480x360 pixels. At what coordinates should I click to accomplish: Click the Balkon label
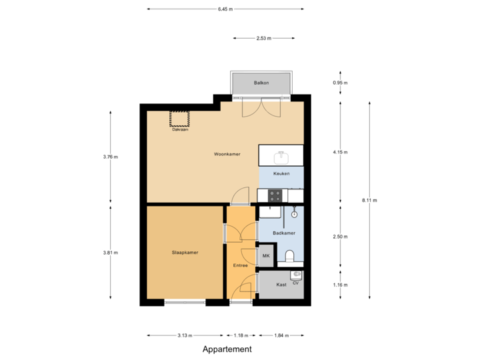[x=261, y=83]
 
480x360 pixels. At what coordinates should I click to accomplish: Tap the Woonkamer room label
[x=227, y=154]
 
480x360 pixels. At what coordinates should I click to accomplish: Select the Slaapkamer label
[x=185, y=253]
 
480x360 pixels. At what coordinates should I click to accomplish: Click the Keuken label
[x=281, y=173]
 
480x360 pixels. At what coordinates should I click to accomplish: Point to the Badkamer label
[x=284, y=233]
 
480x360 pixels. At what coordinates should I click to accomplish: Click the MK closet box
[x=266, y=257]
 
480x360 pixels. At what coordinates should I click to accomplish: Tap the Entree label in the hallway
[x=240, y=265]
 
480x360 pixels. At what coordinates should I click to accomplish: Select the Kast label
[x=281, y=285]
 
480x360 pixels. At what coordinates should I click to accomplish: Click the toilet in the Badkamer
[x=290, y=256]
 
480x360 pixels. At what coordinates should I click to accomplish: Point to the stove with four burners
[x=275, y=195]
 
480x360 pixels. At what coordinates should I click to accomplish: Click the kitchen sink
[x=281, y=157]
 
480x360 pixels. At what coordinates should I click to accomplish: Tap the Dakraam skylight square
[x=179, y=118]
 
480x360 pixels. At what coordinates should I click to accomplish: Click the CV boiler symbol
[x=296, y=275]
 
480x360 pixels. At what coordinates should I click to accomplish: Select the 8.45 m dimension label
[x=225, y=9]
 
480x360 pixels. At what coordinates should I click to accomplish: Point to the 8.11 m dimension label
[x=369, y=200]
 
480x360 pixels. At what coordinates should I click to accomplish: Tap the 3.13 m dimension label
[x=185, y=335]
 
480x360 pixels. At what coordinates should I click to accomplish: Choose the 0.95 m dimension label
[x=340, y=83]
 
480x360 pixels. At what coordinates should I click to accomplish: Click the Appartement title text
[x=227, y=349]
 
